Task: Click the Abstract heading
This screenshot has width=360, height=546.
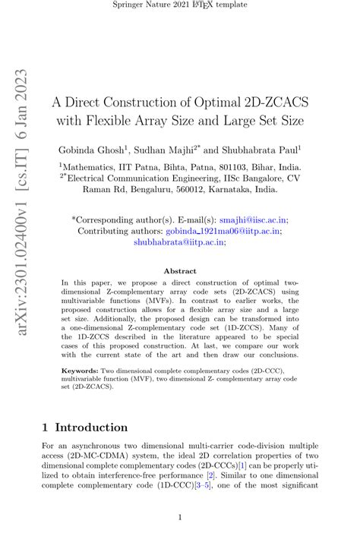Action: click(x=180, y=270)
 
